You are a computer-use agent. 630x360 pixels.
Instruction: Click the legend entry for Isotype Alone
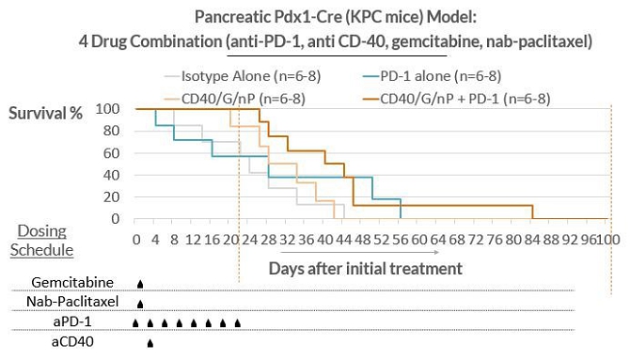(243, 76)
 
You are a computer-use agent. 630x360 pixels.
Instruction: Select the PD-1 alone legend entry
(432, 76)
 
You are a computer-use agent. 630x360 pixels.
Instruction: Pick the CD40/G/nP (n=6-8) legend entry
(235, 99)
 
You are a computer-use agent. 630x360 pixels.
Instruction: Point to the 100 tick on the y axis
(107, 108)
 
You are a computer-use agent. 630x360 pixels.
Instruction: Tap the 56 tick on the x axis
(401, 240)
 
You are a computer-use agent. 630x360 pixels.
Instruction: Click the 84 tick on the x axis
(532, 240)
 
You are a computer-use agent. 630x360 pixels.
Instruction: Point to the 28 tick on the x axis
(268, 240)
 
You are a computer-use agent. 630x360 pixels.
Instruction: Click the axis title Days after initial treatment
(365, 269)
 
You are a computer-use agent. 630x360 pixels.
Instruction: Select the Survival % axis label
(45, 114)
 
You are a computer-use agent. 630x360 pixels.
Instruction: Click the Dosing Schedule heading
(41, 241)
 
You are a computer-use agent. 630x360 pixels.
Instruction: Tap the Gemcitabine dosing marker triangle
(140, 284)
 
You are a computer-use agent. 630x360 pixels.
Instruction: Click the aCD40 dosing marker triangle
(150, 343)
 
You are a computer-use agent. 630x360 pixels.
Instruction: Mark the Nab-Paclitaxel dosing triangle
(140, 304)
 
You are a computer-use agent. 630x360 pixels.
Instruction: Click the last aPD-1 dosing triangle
(238, 323)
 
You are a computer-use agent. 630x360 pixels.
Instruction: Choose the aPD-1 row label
(72, 321)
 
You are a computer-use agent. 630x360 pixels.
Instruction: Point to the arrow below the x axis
(359, 252)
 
